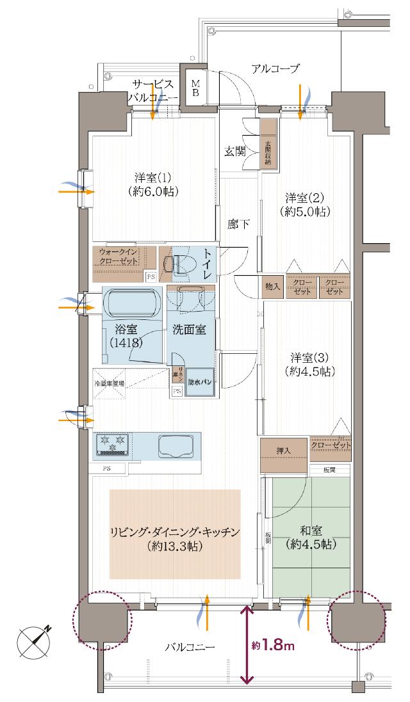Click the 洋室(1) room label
(152, 183)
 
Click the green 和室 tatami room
(310, 538)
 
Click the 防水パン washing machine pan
(199, 383)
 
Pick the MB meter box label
(197, 87)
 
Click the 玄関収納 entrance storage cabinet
(268, 145)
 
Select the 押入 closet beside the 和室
(283, 456)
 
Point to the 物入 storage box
(272, 287)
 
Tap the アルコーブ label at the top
(275, 68)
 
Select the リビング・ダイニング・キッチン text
(175, 532)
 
